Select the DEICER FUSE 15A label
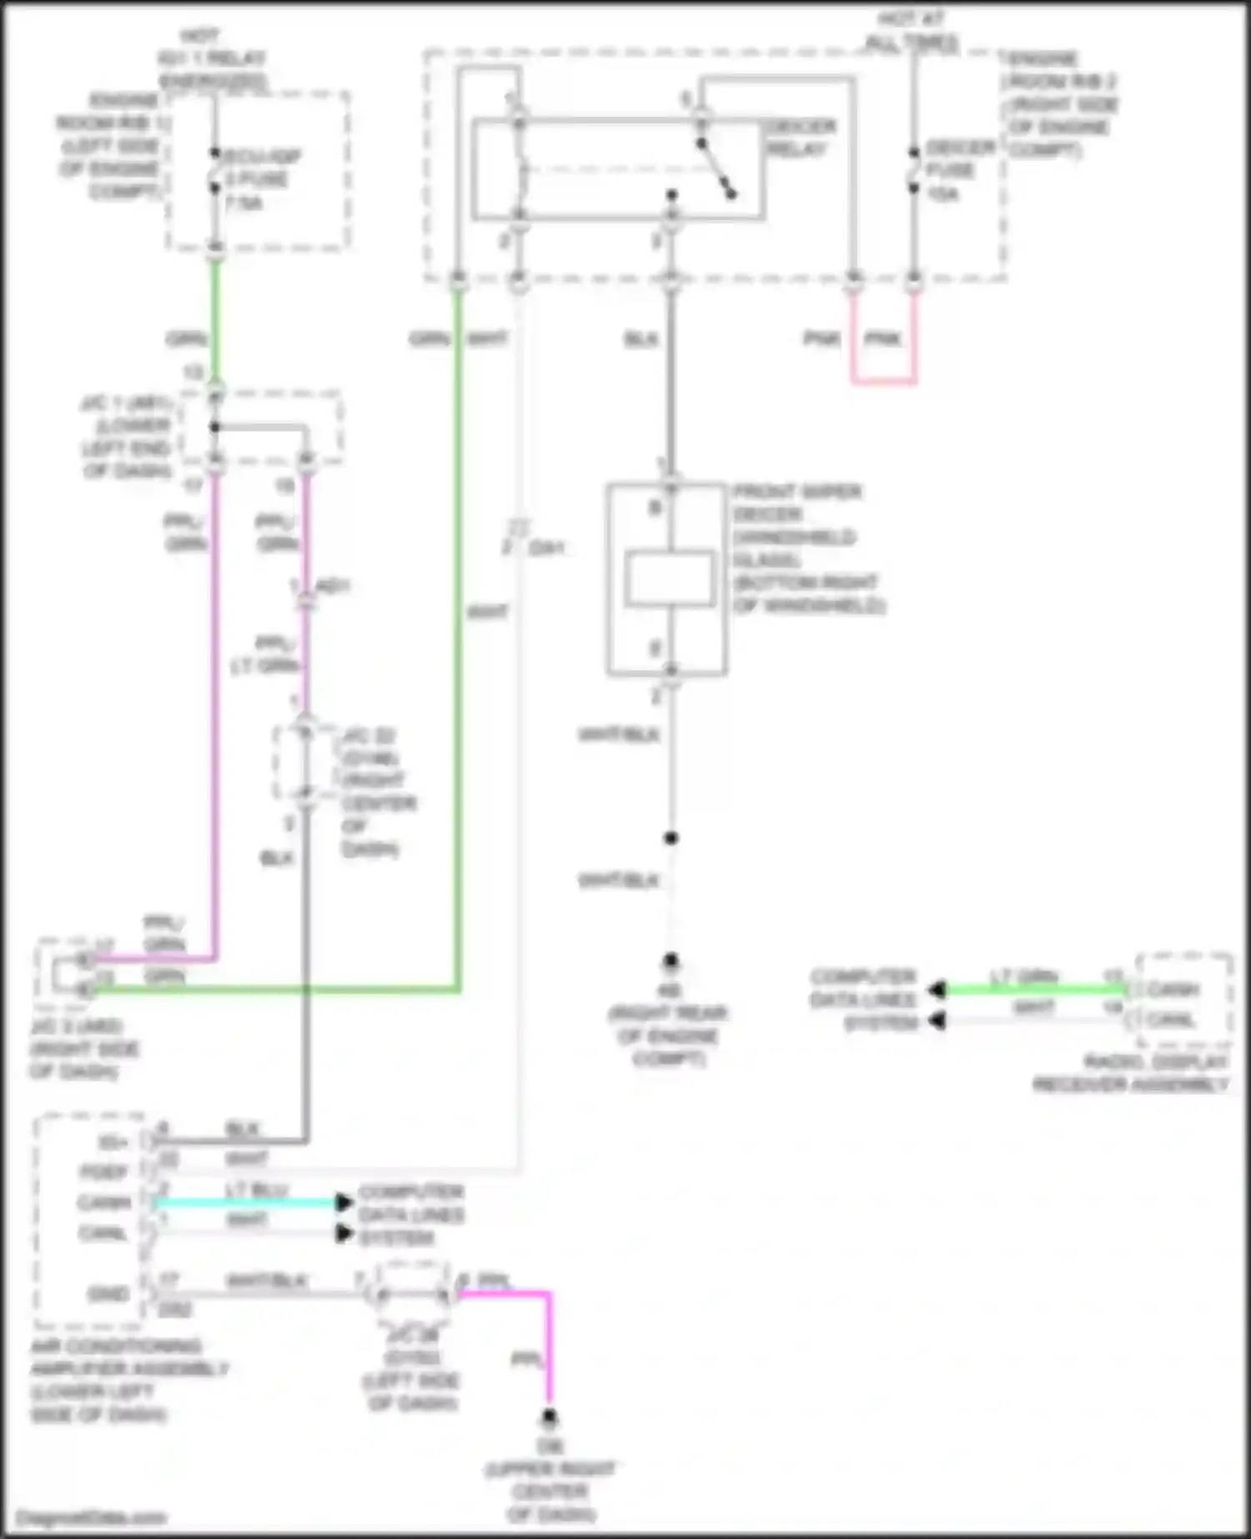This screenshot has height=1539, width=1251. (x=959, y=170)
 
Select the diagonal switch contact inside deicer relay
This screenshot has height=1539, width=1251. (x=716, y=169)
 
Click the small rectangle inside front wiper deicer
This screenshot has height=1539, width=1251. (x=669, y=578)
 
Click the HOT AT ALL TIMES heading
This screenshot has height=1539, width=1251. (x=911, y=30)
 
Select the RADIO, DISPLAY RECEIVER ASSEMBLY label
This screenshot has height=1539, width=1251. (x=1131, y=1073)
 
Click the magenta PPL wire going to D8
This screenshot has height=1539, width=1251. (x=548, y=1351)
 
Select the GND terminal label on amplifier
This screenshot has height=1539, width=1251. (x=108, y=1294)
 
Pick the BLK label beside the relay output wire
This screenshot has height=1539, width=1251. (x=641, y=338)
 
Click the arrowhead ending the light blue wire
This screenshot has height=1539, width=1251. (x=343, y=1202)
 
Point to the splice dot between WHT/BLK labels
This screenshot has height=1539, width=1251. (x=671, y=838)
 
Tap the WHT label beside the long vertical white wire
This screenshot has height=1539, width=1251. (x=487, y=612)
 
